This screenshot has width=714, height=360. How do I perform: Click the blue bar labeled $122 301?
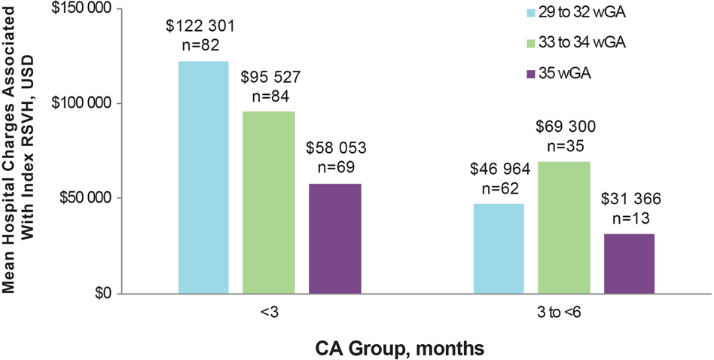203,177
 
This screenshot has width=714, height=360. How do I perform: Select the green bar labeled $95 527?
268,202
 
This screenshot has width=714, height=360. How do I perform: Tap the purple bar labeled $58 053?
333,238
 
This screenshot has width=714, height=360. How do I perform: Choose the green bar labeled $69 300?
563,227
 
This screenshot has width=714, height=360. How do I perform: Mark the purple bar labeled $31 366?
628,264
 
